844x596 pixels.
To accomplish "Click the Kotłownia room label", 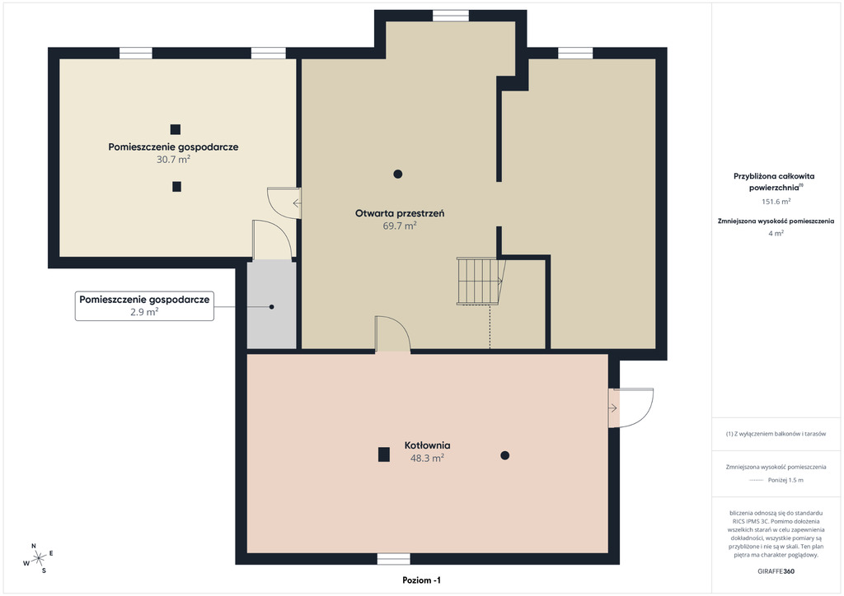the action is [428, 445].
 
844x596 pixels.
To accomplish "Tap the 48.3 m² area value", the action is [428, 458].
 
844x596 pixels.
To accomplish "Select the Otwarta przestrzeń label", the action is [400, 213].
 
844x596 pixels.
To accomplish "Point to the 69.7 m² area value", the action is [400, 226].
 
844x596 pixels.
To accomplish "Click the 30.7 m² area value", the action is [173, 159].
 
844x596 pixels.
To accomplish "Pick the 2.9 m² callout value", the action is [144, 312].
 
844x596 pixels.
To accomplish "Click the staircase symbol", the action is [480, 281].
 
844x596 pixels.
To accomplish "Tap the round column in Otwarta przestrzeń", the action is [398, 174].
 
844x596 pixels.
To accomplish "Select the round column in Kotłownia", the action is [505, 455].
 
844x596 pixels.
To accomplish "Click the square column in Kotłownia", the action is [384, 454].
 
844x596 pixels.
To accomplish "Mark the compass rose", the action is [38, 559].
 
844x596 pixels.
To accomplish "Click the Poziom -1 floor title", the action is [421, 580].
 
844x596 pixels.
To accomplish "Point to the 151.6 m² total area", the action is [776, 202].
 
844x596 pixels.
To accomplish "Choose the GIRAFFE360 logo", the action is [776, 571].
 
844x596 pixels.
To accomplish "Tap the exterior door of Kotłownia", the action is [631, 408].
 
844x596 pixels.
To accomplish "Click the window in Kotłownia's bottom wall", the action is [393, 559].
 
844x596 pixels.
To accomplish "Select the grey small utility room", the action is [271, 305].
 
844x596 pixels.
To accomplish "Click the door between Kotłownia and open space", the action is [392, 334].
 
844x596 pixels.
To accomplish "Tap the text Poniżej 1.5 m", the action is [785, 480].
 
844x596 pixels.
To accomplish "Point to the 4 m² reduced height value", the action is [776, 233].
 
